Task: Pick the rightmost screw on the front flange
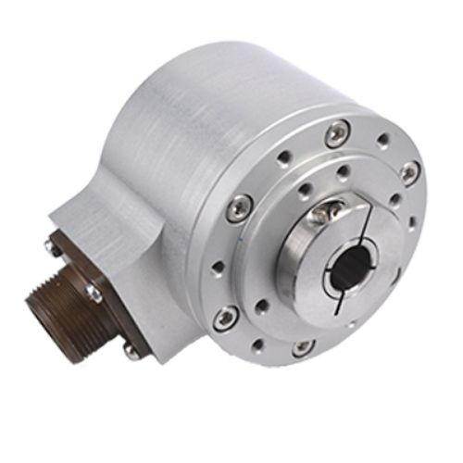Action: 408,172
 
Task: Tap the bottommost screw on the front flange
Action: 303,347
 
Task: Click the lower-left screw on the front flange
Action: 225,319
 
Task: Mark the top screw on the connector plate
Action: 54,244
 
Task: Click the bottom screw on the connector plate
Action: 131,351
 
